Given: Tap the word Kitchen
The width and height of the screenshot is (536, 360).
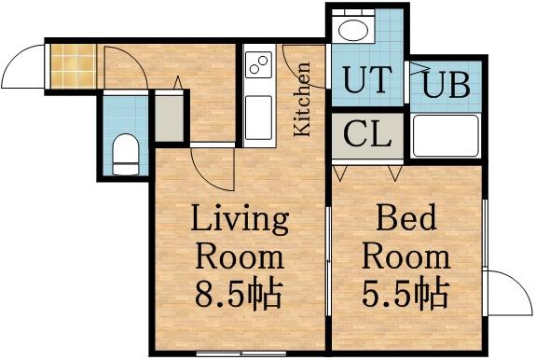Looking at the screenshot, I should click(303, 99).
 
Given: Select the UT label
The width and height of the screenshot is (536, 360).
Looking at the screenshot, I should click(366, 81).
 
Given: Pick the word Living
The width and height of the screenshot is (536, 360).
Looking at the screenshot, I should click(240, 221).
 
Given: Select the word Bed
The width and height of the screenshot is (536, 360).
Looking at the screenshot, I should click(406, 221).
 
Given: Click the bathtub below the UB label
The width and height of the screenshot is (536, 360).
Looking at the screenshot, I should click(446, 136).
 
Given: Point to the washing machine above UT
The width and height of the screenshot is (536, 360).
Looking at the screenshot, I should click(354, 29).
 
